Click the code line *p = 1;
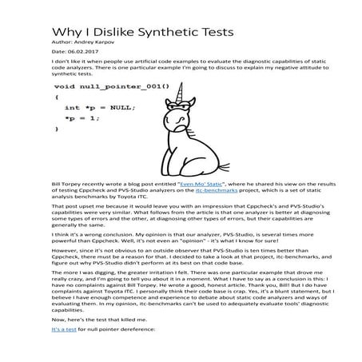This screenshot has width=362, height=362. coord(82,117)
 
